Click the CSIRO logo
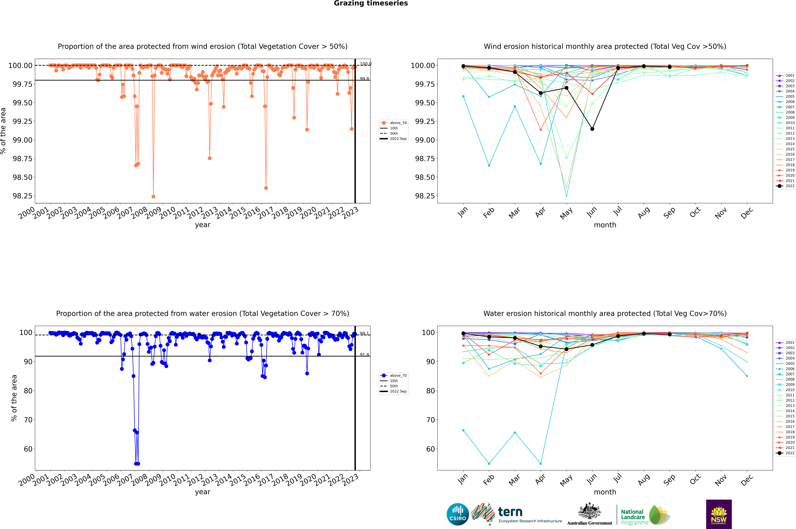click(x=458, y=514)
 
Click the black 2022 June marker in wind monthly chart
click(x=592, y=129)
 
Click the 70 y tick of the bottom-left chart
click(x=28, y=420)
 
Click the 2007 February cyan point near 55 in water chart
click(x=489, y=464)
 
